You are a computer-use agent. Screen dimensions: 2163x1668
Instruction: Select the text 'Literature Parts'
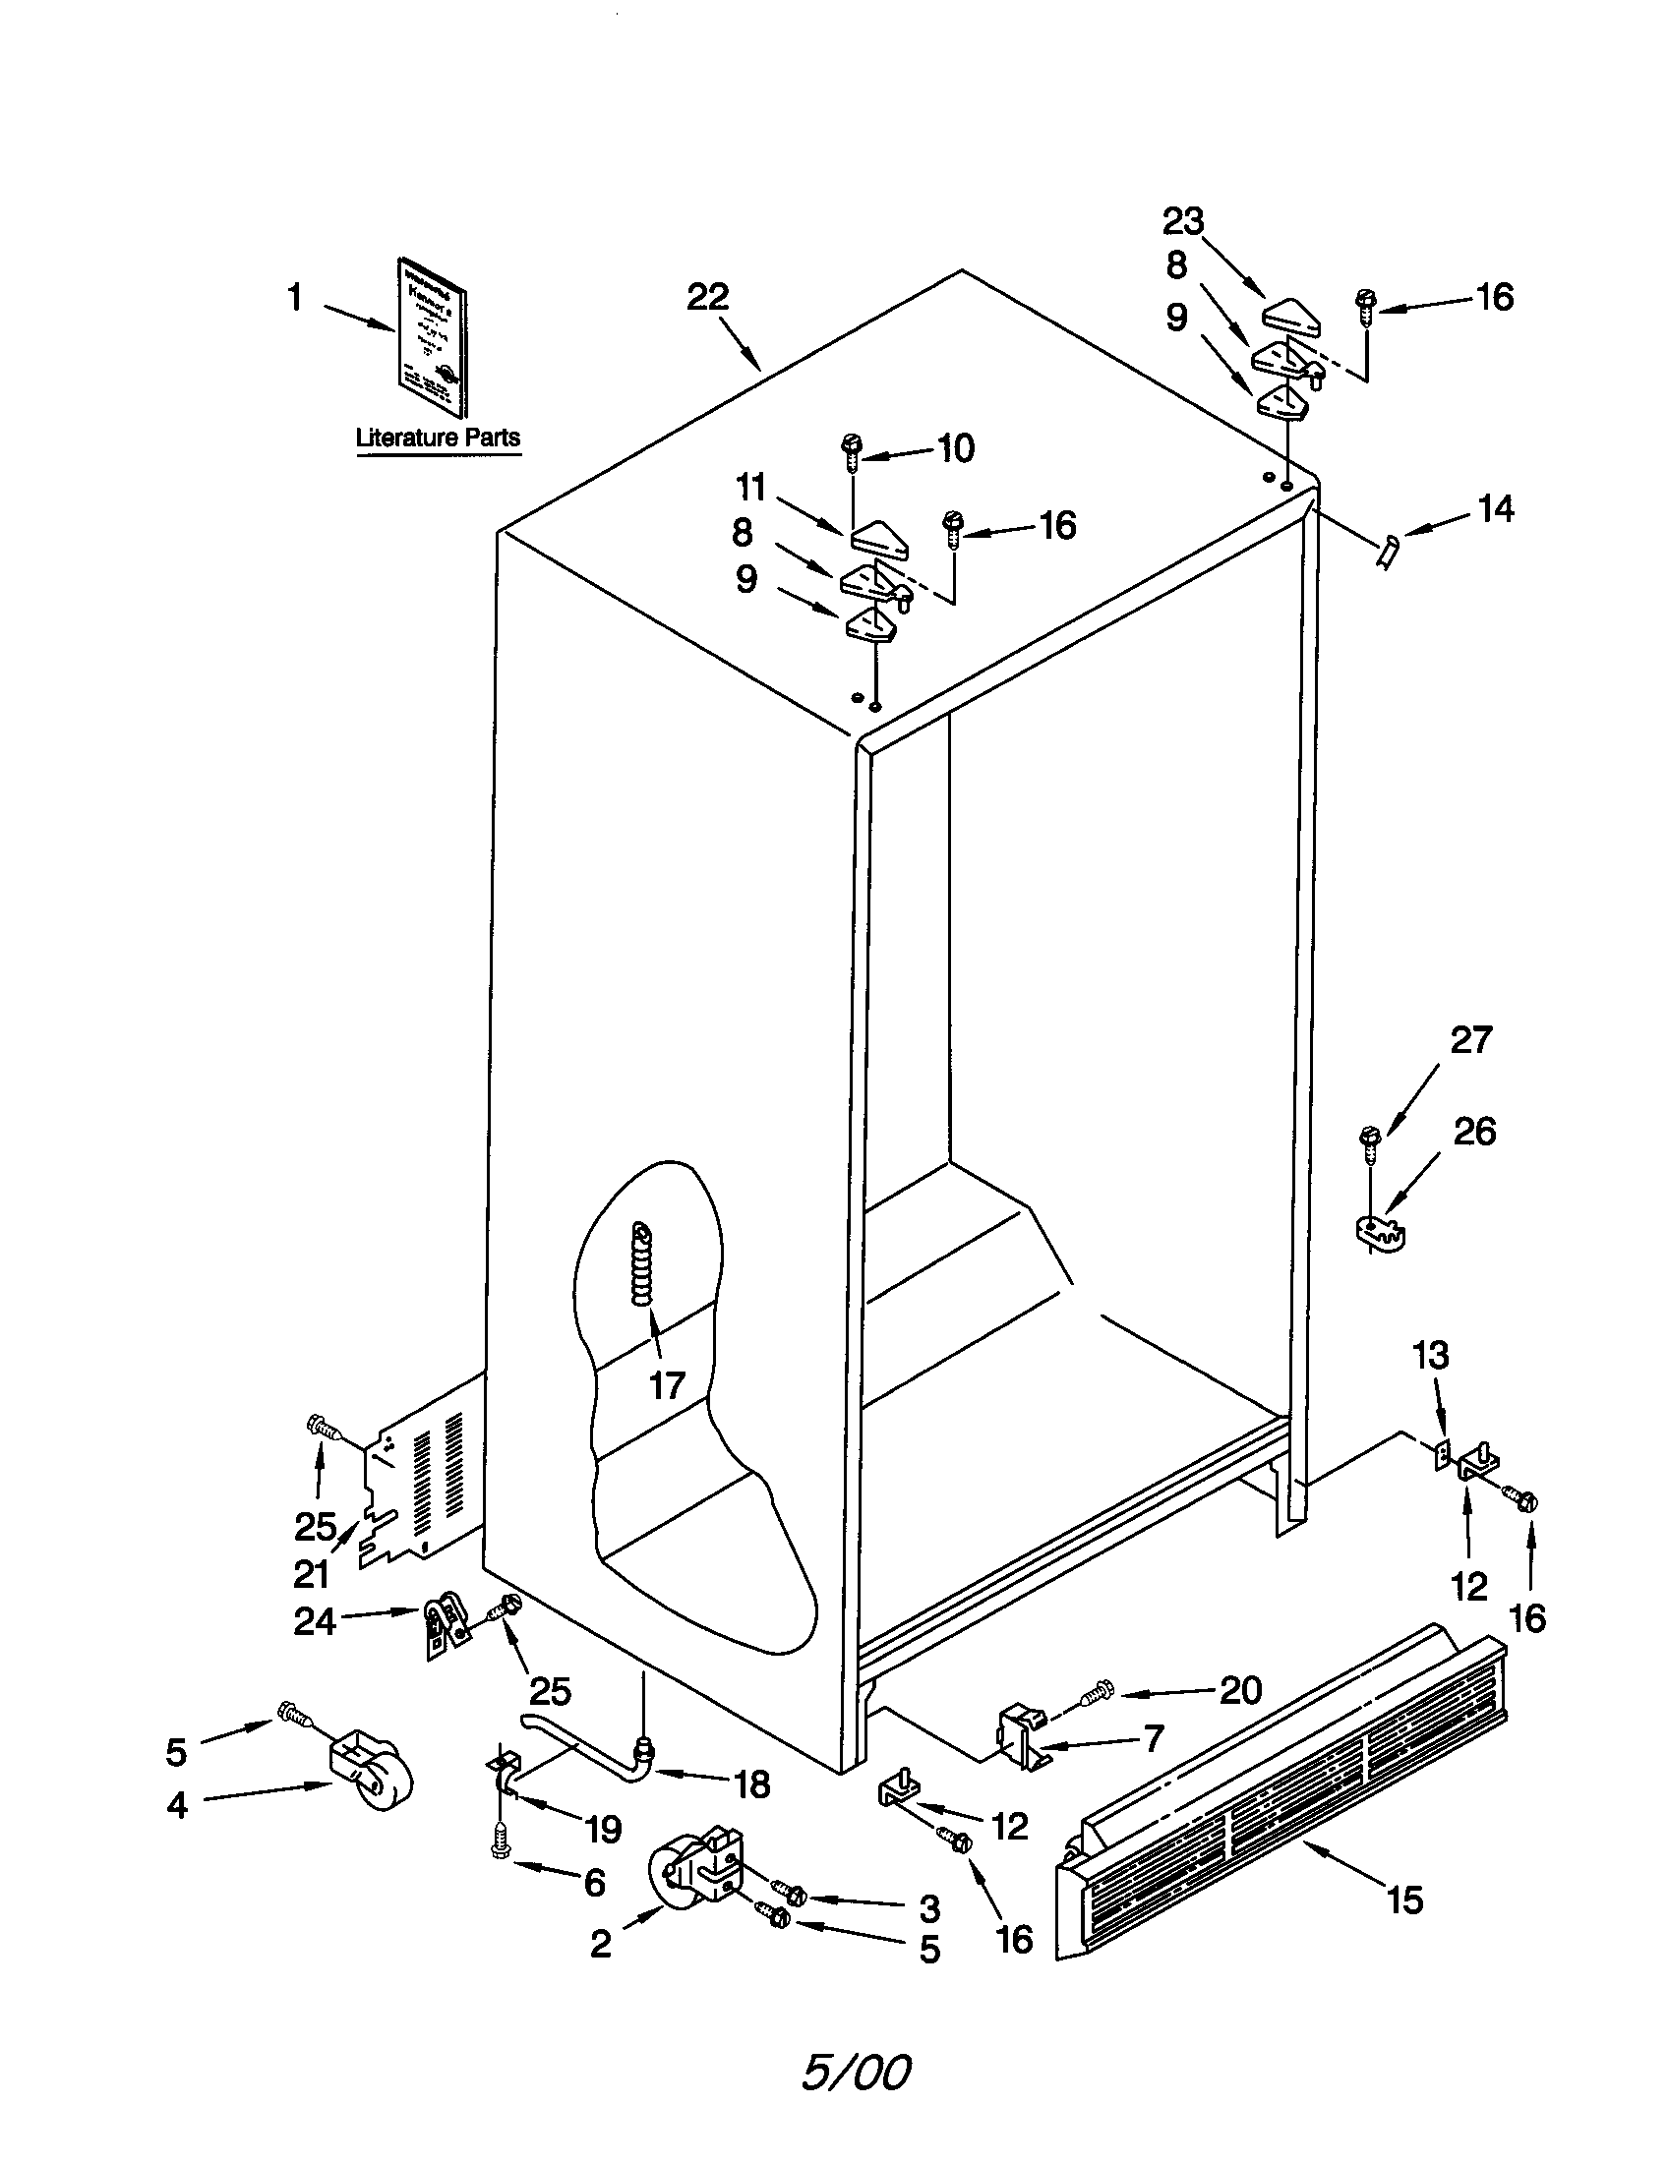click(x=438, y=438)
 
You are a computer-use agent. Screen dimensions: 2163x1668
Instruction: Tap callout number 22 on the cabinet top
click(x=708, y=297)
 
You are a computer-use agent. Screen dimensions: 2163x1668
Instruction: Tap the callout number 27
click(x=1471, y=1040)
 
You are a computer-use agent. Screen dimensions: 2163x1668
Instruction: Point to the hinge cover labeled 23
click(x=1292, y=316)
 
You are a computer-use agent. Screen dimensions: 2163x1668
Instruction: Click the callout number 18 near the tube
click(x=752, y=1784)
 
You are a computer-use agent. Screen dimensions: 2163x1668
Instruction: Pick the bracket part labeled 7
click(x=1020, y=1739)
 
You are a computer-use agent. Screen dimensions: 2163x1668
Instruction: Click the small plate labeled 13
click(x=1443, y=1453)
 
